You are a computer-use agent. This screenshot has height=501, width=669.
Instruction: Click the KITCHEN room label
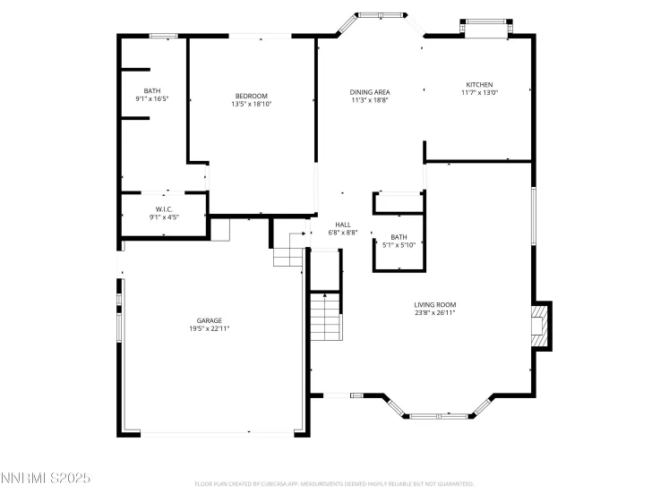click(x=479, y=84)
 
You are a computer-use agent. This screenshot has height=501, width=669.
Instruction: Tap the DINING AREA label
click(x=370, y=92)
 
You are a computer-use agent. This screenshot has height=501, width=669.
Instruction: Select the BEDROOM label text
click(x=251, y=96)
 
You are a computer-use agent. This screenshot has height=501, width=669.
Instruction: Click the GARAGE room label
click(x=210, y=320)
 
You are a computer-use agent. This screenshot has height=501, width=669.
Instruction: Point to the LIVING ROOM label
click(x=435, y=304)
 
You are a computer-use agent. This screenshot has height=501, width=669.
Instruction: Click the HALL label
click(x=343, y=225)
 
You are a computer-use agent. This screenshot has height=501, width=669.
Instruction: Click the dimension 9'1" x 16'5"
click(x=152, y=98)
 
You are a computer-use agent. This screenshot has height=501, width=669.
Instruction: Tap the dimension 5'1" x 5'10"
click(x=399, y=244)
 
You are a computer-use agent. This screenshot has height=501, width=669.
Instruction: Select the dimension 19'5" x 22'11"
click(x=210, y=328)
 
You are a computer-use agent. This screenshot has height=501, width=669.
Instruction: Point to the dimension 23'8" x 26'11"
click(x=435, y=312)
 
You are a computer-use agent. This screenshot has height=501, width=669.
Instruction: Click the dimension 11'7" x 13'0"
click(x=479, y=92)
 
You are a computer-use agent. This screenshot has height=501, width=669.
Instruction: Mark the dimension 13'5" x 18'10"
click(x=251, y=104)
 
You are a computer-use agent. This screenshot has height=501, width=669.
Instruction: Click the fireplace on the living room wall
click(x=539, y=327)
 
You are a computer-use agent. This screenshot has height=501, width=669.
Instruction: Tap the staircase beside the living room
click(x=325, y=318)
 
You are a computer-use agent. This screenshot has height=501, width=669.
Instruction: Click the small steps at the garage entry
click(x=288, y=254)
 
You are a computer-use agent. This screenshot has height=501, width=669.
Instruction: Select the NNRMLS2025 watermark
click(x=46, y=480)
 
